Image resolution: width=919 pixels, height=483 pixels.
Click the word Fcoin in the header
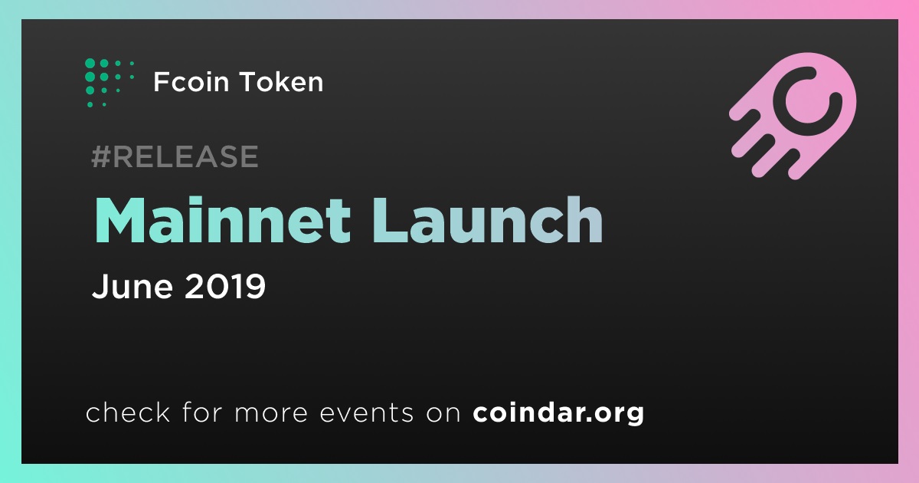[191, 81]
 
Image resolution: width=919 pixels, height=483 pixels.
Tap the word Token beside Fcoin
[281, 81]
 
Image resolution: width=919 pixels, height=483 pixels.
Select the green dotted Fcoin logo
[109, 83]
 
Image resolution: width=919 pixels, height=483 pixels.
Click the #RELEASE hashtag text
[175, 156]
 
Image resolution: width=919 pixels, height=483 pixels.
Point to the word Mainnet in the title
[222, 220]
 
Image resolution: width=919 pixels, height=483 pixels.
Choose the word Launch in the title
[487, 220]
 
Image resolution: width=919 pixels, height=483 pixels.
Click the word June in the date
[132, 286]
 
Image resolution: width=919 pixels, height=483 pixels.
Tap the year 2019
[225, 286]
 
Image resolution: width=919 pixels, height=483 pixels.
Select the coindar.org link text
[558, 412]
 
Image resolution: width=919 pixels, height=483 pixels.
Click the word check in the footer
[128, 412]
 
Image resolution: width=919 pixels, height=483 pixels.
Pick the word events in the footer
[367, 412]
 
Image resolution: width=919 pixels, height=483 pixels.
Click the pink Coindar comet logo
[793, 116]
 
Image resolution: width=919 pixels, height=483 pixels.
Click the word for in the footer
[202, 412]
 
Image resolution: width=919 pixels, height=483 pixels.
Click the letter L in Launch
[389, 220]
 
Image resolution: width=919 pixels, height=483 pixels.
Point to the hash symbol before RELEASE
[100, 156]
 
